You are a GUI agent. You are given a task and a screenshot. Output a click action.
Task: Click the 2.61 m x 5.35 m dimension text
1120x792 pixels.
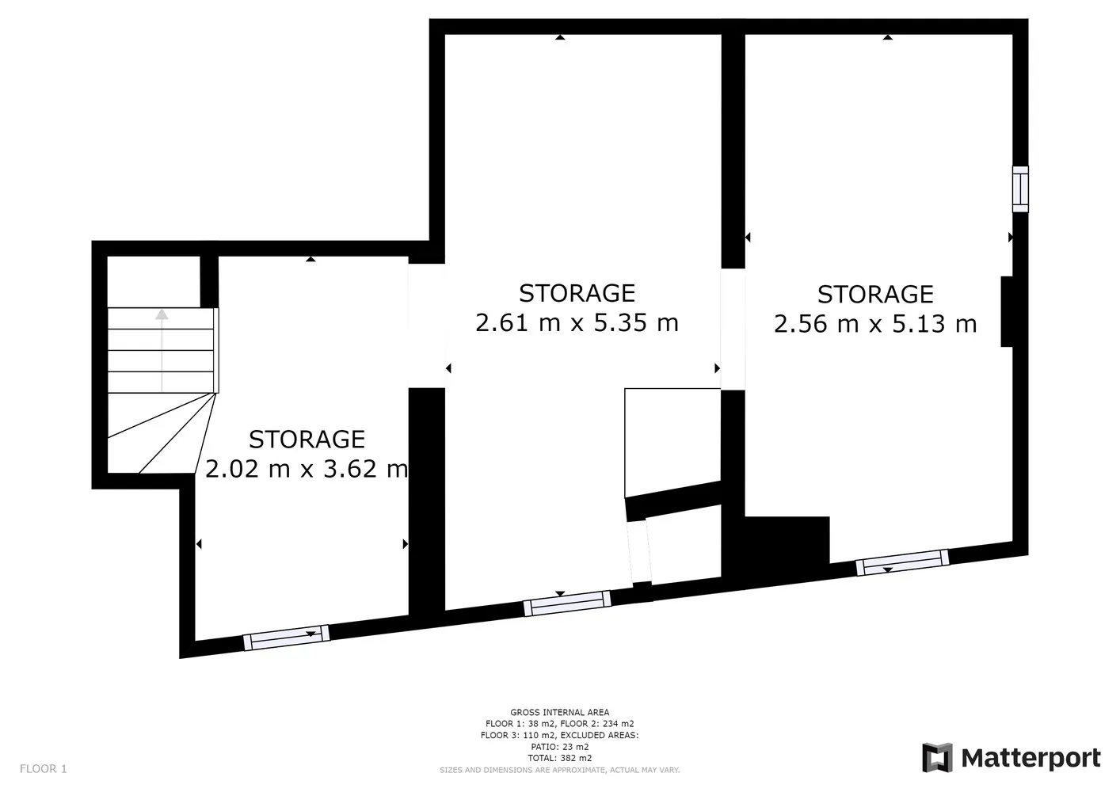(x=577, y=322)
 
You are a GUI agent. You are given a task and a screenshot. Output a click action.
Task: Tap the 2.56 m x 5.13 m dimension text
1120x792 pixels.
(x=875, y=323)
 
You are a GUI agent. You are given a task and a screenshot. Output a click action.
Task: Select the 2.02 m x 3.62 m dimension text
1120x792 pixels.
(x=307, y=469)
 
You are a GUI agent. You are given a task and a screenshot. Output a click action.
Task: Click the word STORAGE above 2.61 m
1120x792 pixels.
(x=577, y=293)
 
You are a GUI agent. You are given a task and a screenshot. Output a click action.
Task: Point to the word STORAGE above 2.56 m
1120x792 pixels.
(x=875, y=295)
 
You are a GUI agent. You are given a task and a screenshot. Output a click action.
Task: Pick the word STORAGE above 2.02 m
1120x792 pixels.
(x=307, y=440)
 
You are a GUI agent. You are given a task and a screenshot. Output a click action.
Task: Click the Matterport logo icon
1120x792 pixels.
(x=937, y=757)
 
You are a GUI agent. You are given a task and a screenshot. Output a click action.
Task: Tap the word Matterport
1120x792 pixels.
(x=1031, y=759)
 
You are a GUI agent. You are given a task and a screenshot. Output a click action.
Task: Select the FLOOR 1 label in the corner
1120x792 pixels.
(x=43, y=769)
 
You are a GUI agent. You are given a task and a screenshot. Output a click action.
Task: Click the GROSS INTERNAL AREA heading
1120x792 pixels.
(x=559, y=713)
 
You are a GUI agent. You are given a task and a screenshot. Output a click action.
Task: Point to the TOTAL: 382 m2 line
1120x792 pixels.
(x=559, y=758)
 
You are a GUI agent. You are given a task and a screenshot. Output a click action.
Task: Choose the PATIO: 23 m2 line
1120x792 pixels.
(x=559, y=747)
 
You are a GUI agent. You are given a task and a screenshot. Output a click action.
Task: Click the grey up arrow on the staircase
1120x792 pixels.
(x=162, y=350)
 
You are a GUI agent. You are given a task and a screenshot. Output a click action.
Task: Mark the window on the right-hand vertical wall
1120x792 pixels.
(x=1020, y=189)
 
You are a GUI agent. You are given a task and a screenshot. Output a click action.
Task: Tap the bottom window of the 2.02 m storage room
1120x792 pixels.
(x=287, y=638)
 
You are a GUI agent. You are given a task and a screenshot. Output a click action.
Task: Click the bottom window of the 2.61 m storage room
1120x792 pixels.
(x=567, y=604)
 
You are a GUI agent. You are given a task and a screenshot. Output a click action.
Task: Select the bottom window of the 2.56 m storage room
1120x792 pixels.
(x=902, y=562)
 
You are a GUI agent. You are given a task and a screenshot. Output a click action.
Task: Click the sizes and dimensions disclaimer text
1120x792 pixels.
(x=559, y=770)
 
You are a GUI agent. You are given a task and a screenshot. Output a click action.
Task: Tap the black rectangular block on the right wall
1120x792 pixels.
(x=1007, y=311)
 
